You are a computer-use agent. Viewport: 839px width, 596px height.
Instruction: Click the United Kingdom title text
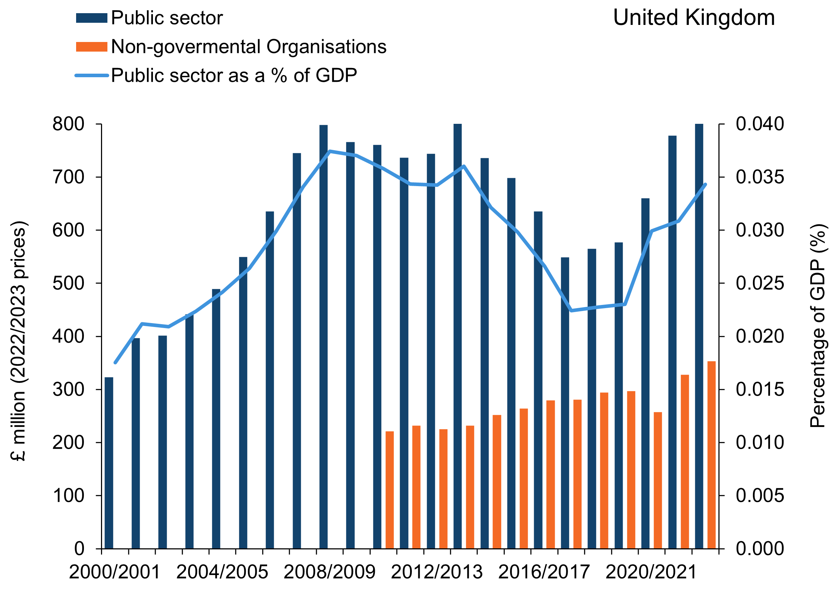pyautogui.click(x=694, y=18)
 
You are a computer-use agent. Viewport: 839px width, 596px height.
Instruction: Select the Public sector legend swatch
pyautogui.click(x=91, y=18)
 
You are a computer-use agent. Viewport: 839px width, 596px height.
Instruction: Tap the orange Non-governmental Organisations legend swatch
pyautogui.click(x=91, y=47)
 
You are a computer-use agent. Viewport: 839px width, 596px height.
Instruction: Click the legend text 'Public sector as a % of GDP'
pyautogui.click(x=234, y=75)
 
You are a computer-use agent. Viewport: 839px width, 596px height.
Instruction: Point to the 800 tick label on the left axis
pyautogui.click(x=69, y=125)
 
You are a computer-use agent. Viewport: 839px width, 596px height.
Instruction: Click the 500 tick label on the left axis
pyautogui.click(x=69, y=283)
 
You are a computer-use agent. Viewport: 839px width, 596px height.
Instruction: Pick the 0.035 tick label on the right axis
pyautogui.click(x=760, y=177)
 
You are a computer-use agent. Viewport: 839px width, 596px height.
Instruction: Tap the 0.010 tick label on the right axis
pyautogui.click(x=760, y=443)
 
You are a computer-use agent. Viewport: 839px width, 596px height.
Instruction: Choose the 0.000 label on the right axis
pyautogui.click(x=760, y=549)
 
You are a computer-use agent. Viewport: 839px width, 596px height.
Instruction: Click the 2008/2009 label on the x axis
pyautogui.click(x=329, y=572)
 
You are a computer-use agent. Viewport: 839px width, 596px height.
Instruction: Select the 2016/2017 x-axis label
pyautogui.click(x=544, y=572)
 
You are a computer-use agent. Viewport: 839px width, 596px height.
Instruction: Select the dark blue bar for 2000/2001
pyautogui.click(x=109, y=463)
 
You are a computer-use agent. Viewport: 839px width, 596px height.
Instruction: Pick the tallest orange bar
pyautogui.click(x=711, y=455)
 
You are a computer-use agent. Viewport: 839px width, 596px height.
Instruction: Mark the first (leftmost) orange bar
pyautogui.click(x=389, y=490)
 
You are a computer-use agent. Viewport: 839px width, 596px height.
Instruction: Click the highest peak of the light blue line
pyautogui.click(x=330, y=151)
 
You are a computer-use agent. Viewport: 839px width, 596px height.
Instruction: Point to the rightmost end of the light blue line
pyautogui.click(x=706, y=184)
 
